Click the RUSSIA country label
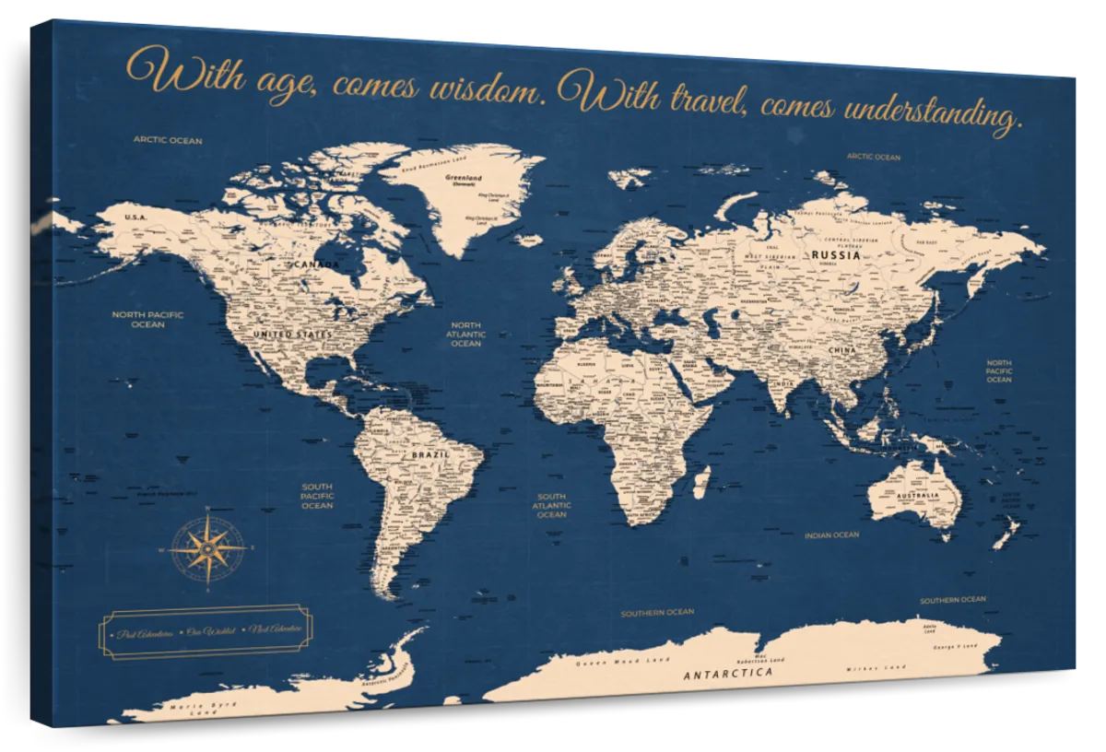click(836, 255)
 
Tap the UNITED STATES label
click(292, 334)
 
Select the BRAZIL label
click(430, 455)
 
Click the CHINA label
click(842, 351)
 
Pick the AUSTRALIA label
click(918, 496)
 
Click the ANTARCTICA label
click(728, 674)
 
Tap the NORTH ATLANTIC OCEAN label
click(466, 334)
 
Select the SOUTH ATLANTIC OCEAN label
click(551, 505)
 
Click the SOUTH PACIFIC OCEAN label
click(317, 496)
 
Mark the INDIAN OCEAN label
click(831, 535)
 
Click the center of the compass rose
click(208, 548)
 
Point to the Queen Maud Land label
click(610, 663)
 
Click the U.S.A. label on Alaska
click(135, 217)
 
